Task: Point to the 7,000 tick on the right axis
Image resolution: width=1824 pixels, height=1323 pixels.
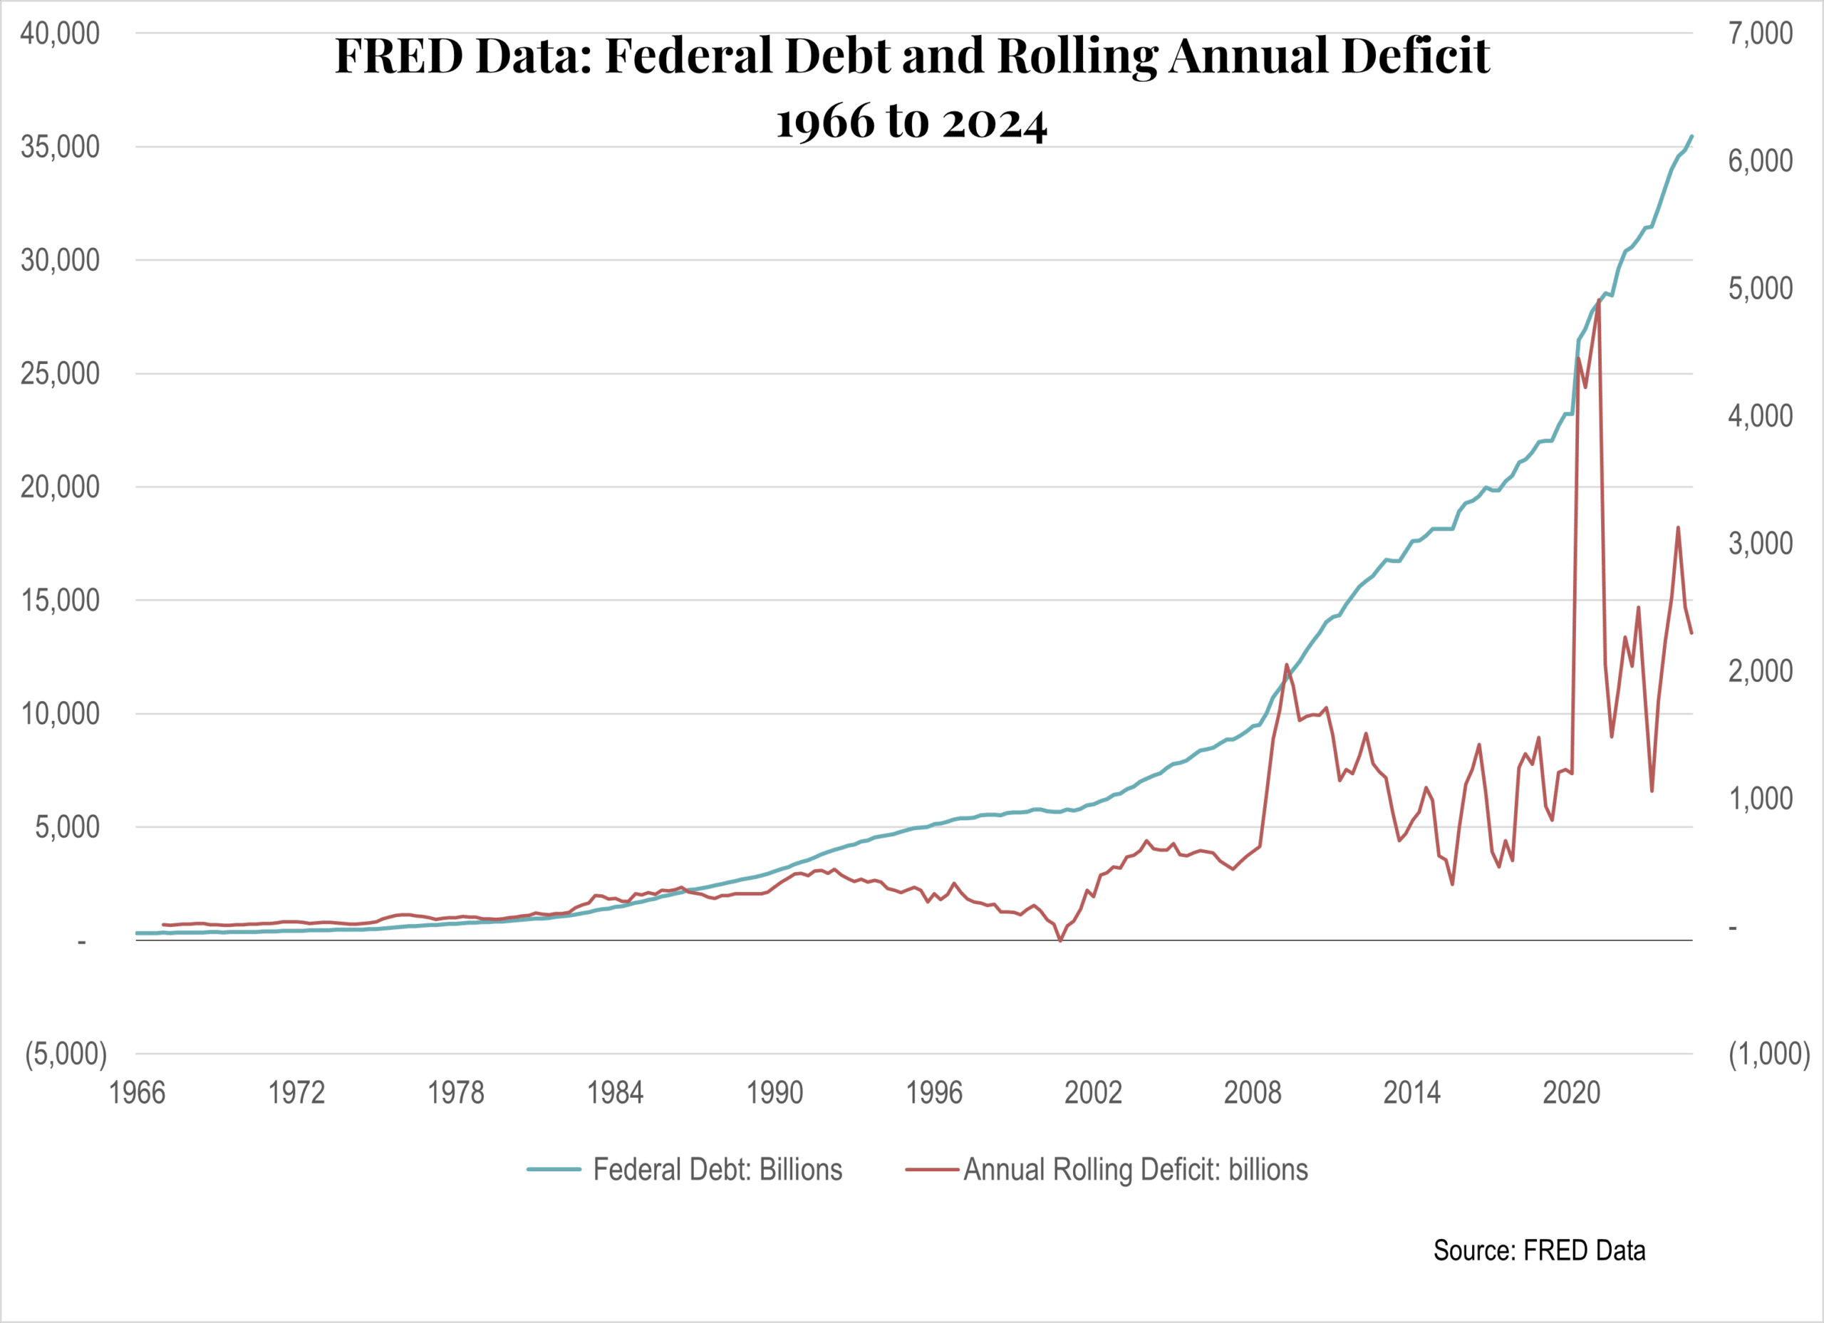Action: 1761,33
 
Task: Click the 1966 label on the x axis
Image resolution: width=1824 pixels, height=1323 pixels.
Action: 137,1093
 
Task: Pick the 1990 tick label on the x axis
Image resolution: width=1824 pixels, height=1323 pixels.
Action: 774,1093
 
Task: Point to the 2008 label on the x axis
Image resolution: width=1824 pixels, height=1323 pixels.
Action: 1252,1093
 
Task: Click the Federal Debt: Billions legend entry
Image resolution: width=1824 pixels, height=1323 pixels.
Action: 717,1169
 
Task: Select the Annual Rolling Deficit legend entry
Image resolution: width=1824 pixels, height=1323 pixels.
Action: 1135,1169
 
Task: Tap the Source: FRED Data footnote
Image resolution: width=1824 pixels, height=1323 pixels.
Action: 1538,1250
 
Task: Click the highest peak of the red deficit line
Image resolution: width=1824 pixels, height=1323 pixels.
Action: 1599,300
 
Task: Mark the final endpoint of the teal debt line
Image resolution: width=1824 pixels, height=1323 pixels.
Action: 1692,136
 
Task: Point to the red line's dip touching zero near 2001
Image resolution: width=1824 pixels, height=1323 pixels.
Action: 1060,940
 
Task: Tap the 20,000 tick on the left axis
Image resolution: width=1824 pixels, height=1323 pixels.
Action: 61,487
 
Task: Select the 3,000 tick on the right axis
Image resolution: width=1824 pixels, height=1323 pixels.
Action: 1761,544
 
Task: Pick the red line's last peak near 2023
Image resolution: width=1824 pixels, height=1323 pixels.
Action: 1678,528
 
